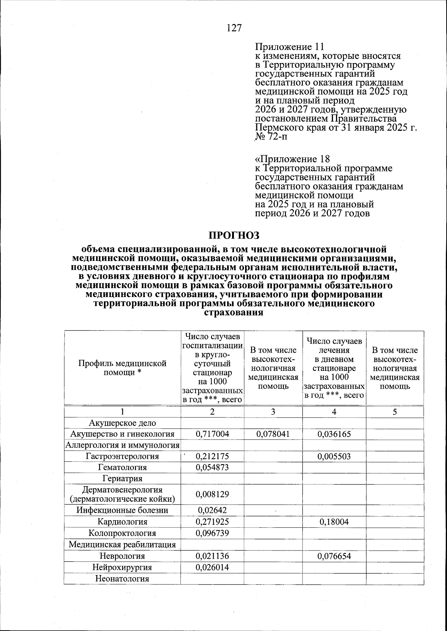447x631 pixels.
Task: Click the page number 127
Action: tap(234, 28)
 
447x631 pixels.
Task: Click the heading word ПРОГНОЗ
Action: tap(234, 235)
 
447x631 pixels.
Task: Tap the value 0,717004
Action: tap(212, 434)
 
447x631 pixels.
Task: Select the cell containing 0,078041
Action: tap(273, 434)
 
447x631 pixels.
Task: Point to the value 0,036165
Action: tap(334, 434)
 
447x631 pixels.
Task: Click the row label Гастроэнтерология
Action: tap(122, 456)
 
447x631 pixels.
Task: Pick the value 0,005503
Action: tap(334, 456)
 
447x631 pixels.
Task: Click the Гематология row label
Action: tap(122, 467)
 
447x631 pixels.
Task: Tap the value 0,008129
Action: tap(212, 494)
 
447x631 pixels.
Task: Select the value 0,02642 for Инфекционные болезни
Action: tap(212, 510)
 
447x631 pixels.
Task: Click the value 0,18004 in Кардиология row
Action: tap(334, 522)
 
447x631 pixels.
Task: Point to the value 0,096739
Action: tap(212, 533)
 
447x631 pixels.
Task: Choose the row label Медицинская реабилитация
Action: tap(122, 545)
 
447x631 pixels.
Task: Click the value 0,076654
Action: tap(334, 556)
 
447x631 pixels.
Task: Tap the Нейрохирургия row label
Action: tap(122, 567)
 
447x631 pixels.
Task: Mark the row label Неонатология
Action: tap(122, 579)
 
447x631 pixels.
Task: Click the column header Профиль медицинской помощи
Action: tap(122, 367)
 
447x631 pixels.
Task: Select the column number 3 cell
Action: tap(273, 412)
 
